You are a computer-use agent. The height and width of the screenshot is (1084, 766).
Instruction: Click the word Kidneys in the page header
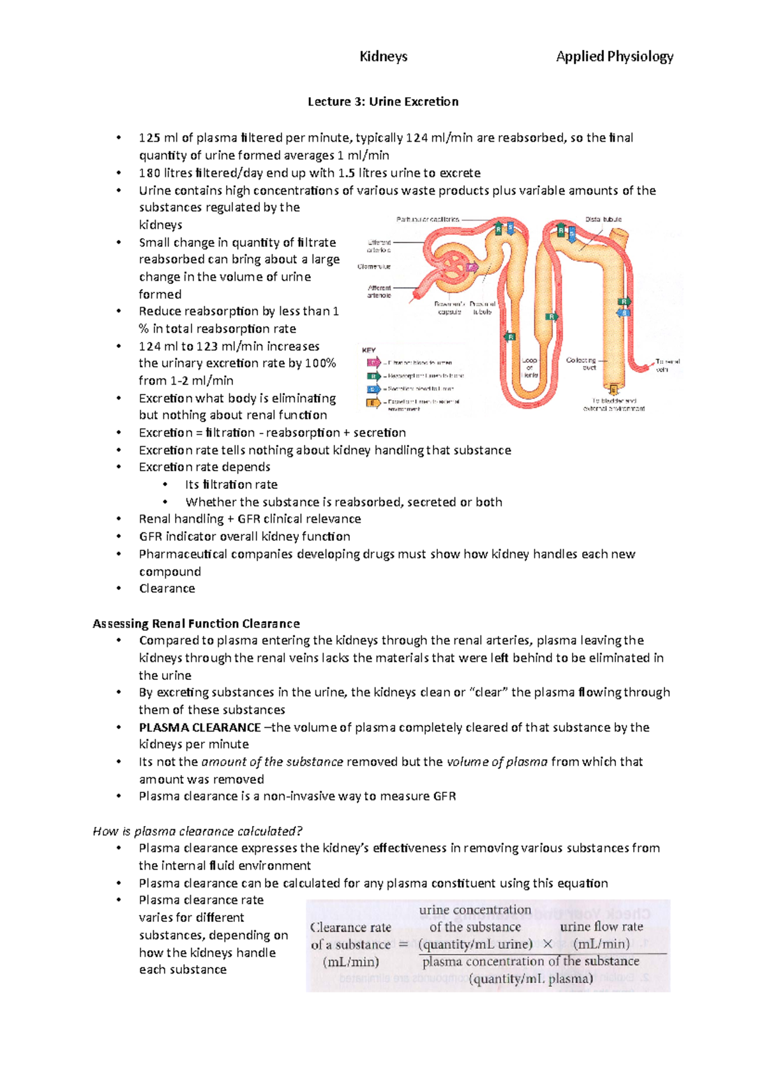[x=383, y=57]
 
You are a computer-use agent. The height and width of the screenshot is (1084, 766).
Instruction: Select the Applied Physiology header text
[x=614, y=57]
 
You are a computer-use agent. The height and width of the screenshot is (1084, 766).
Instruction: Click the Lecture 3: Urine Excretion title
[x=383, y=102]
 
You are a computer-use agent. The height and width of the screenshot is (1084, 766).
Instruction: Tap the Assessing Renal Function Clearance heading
[x=196, y=623]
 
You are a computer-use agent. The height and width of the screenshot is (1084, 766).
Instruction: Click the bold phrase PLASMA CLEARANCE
[x=200, y=727]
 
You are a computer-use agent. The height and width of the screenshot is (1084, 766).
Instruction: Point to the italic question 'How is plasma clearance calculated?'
[x=197, y=831]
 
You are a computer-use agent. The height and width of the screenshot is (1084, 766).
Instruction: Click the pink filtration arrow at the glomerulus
[x=472, y=267]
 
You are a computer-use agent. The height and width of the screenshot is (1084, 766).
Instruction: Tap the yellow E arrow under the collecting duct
[x=613, y=390]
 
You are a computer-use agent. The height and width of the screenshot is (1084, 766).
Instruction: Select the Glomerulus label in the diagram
[x=374, y=266]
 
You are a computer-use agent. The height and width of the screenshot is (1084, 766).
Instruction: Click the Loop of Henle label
[x=529, y=368]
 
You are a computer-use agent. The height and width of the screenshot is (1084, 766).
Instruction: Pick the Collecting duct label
[x=581, y=363]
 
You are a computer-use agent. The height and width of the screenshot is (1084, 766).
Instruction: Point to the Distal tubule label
[x=603, y=220]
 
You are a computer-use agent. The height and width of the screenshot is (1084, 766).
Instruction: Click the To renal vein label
[x=667, y=365]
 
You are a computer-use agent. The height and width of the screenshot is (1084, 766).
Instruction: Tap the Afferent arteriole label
[x=379, y=292]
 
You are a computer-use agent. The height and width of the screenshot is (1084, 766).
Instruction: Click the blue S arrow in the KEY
[x=373, y=389]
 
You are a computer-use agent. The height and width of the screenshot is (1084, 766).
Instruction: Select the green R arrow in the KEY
[x=373, y=376]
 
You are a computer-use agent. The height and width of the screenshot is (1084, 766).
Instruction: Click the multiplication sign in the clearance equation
[x=548, y=944]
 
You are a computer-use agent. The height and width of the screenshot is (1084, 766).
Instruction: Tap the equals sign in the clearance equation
[x=403, y=944]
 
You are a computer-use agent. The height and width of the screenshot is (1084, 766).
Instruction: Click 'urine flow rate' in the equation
[x=601, y=926]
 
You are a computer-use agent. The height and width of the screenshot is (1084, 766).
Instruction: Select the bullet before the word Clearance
[x=119, y=589]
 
